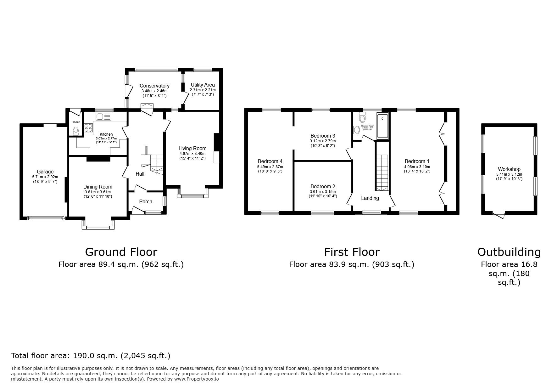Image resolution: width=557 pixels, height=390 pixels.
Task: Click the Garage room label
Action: coord(45,172)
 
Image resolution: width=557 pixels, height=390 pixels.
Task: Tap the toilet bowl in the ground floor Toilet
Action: coord(75,131)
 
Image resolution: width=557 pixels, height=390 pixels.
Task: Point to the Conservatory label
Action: coord(154,86)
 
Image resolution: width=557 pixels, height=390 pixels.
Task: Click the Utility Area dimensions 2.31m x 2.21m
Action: coord(203,90)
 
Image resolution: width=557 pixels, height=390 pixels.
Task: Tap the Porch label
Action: coord(145,201)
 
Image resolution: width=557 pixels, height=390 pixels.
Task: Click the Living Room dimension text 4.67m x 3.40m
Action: coord(192,154)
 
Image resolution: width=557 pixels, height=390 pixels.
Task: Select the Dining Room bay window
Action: coord(98,224)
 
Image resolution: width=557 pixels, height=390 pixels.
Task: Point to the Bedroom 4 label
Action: coord(270,161)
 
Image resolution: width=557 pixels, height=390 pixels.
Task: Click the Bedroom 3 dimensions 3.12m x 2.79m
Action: coord(323,141)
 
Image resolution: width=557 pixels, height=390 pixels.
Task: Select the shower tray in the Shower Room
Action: coord(383,126)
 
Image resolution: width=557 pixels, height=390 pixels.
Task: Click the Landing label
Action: coord(370,198)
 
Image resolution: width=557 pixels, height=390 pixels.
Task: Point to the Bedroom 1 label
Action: coord(417,161)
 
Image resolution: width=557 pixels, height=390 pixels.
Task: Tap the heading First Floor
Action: coord(352,252)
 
